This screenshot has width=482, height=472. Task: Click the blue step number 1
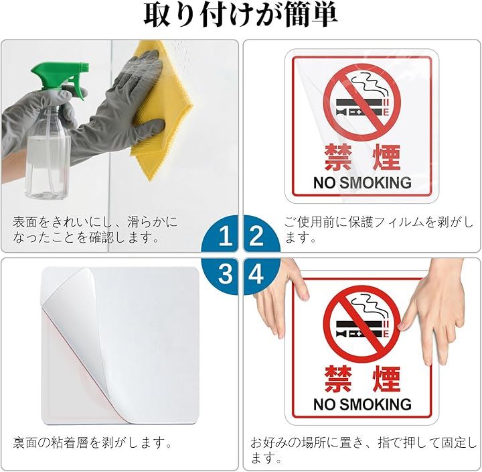pyautogui.click(x=226, y=235)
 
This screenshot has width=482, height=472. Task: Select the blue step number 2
pyautogui.click(x=256, y=235)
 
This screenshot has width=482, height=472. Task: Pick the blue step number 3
pyautogui.click(x=226, y=274)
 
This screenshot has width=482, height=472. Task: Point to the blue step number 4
pyautogui.click(x=256, y=274)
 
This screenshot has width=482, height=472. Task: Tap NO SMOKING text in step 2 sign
pyautogui.click(x=362, y=182)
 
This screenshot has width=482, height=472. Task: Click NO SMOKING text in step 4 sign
pyautogui.click(x=362, y=404)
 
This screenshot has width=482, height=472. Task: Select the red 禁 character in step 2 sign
pyautogui.click(x=338, y=158)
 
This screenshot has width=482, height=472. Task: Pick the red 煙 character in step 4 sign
pyautogui.click(x=386, y=379)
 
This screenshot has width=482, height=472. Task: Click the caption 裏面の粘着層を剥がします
pyautogui.click(x=92, y=442)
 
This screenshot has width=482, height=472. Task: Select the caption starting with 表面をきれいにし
pyautogui.click(x=95, y=229)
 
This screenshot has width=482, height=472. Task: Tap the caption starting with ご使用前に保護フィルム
pyautogui.click(x=379, y=229)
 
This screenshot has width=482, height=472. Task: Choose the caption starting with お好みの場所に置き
pyautogui.click(x=363, y=450)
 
